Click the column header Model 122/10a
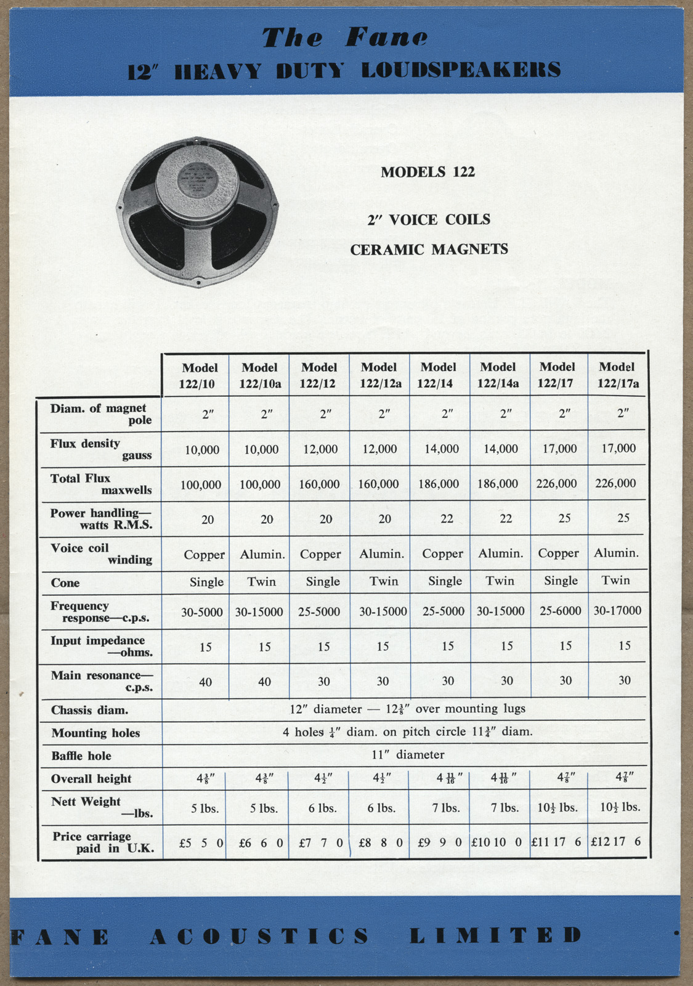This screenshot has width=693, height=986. coord(259,375)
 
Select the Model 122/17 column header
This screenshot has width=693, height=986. coord(557,375)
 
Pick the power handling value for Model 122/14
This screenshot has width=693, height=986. coord(447,519)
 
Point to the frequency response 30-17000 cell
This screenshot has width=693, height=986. coord(617,610)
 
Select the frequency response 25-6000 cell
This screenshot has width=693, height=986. coord(560,611)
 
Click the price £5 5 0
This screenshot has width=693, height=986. coord(201,842)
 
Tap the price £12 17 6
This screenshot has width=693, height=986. coord(615,841)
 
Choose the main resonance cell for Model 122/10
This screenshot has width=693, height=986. coord(205,682)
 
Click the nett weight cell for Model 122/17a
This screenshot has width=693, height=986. coord(620,807)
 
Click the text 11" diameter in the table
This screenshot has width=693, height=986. coord(408,755)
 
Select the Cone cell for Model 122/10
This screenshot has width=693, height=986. coord(206,582)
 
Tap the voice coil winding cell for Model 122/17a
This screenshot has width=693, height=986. coord(615,553)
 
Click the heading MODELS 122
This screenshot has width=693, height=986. coord(428,172)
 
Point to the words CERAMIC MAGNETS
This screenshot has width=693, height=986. coord(429,250)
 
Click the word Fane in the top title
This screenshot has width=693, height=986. coord(386,38)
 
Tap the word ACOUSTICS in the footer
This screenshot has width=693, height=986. coord(259,936)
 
